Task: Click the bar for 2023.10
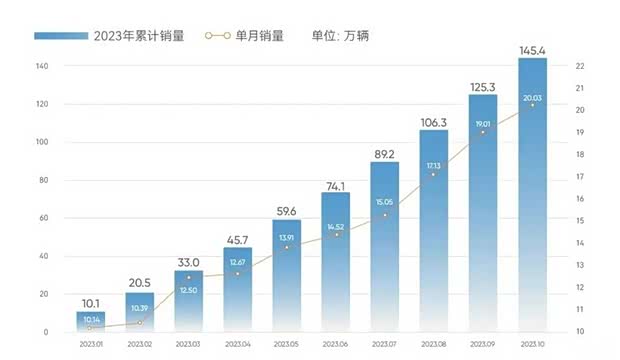point(532,195)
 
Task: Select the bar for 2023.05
point(287,275)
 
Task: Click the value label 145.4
point(532,47)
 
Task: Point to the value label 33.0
point(189,262)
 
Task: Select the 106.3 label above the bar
point(434,122)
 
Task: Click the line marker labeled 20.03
point(532,105)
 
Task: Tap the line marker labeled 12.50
point(189,277)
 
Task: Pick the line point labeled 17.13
point(434,174)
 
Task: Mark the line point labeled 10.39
point(140,323)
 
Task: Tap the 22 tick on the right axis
point(579,66)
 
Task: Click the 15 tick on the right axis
point(579,221)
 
